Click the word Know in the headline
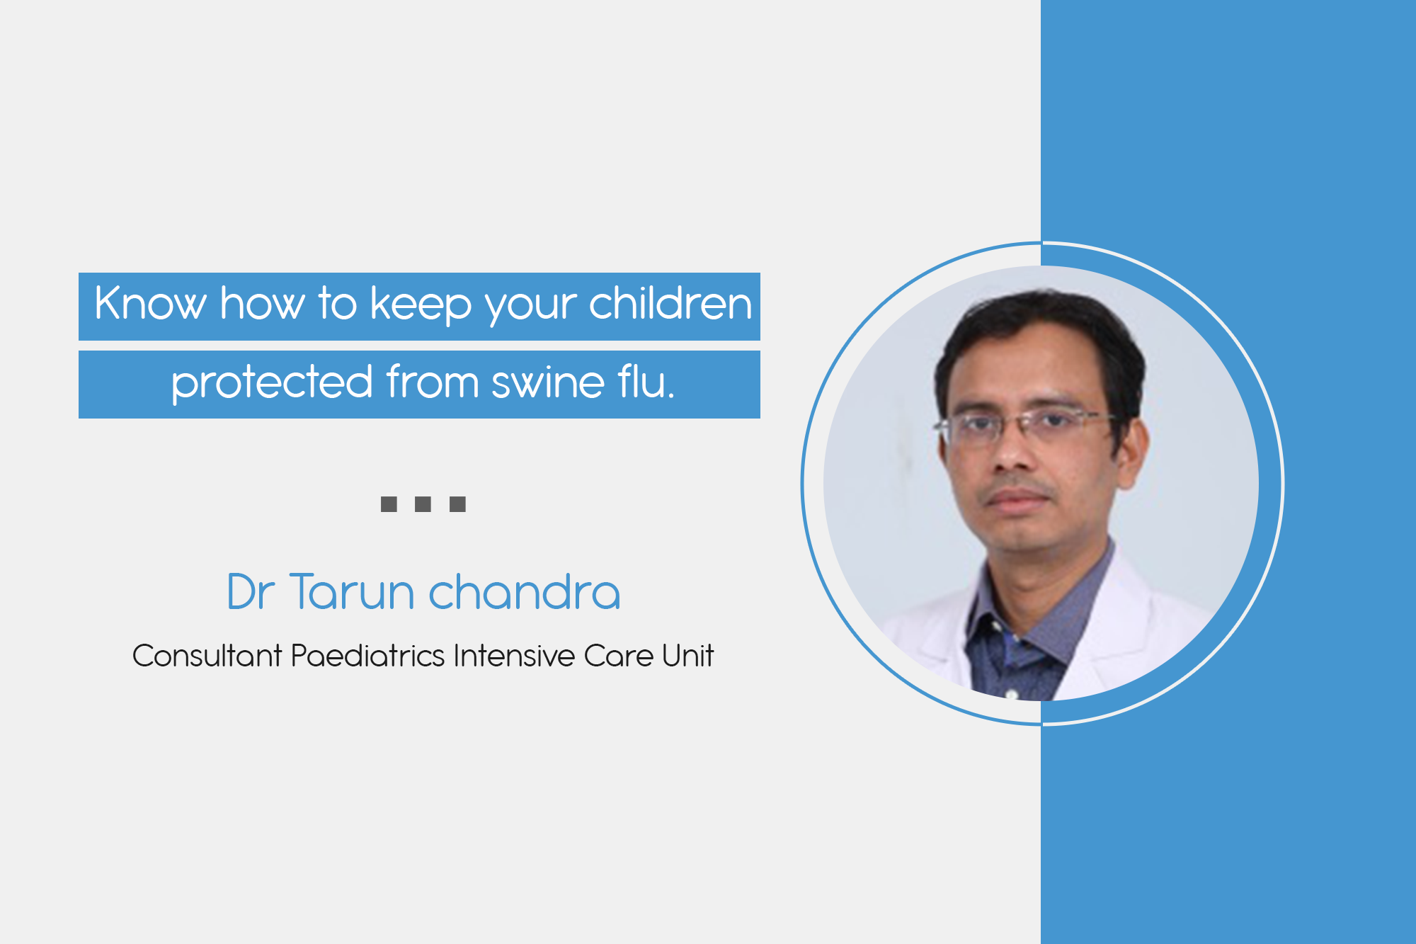[150, 303]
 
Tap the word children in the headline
[670, 303]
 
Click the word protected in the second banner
[273, 382]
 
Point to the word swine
[548, 383]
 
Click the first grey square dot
[389, 504]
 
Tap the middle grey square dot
[423, 504]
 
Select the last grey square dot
[457, 504]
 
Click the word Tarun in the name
[352, 591]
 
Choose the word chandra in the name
[525, 591]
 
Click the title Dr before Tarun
[251, 592]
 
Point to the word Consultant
[207, 655]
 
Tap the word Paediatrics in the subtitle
[367, 655]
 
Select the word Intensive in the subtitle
[514, 655]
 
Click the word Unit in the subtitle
[687, 655]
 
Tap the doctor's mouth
[1018, 499]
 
